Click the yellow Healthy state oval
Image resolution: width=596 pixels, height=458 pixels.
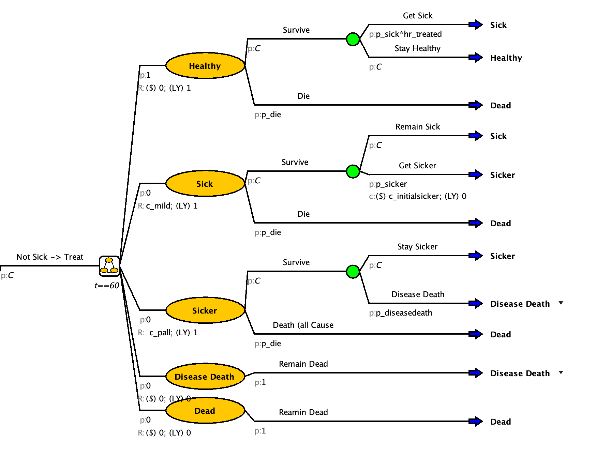click(x=205, y=65)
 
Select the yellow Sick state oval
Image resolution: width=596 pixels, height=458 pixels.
click(x=205, y=183)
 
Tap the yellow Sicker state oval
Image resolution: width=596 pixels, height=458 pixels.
click(x=205, y=310)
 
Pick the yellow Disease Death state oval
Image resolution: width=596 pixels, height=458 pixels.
click(x=205, y=376)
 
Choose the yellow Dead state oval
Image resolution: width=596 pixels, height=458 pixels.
click(x=205, y=410)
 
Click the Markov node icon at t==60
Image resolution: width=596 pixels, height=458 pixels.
click(x=109, y=266)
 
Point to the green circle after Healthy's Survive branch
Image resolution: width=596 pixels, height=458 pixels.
click(x=353, y=39)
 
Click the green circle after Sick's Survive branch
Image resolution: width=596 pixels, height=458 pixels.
click(x=353, y=171)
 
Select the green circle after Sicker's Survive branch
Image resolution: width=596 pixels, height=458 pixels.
click(x=353, y=271)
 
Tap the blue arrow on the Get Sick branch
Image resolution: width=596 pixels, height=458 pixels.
click(x=475, y=25)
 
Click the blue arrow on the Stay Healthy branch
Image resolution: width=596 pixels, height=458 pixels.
click(x=475, y=57)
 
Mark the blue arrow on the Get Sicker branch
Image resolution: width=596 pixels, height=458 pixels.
click(x=475, y=174)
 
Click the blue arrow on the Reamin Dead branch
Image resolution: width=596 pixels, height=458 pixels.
click(x=475, y=421)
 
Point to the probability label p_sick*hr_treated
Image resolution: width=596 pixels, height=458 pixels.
click(x=408, y=34)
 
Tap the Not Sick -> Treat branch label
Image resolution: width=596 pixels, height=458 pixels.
click(x=50, y=257)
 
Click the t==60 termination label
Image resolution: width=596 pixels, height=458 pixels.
click(x=107, y=286)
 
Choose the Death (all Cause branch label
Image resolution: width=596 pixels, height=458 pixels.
click(x=303, y=325)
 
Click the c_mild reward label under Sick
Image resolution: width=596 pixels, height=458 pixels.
click(x=159, y=206)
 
